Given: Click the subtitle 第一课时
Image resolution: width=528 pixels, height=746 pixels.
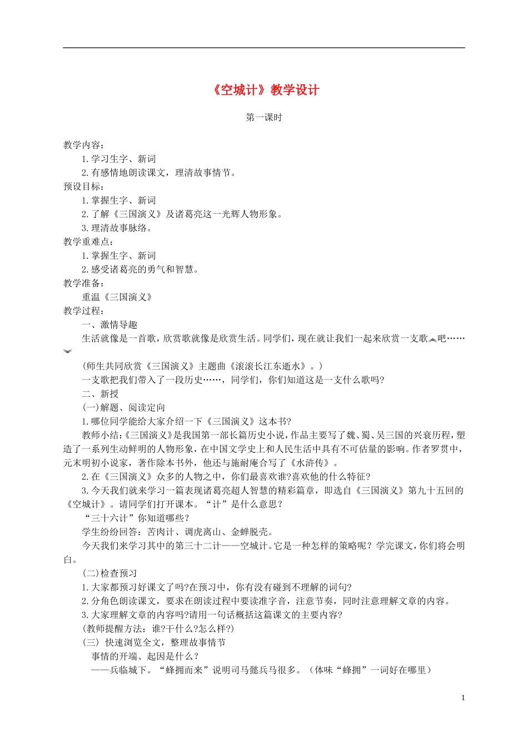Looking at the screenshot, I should pyautogui.click(x=264, y=118).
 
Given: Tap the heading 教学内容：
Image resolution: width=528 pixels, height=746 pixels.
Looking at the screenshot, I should pyautogui.click(x=83, y=145).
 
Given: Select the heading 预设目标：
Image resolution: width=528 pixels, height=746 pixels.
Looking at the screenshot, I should pyautogui.click(x=83, y=186).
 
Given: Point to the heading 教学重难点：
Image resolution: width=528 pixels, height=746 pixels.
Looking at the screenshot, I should pyautogui.click(x=87, y=241).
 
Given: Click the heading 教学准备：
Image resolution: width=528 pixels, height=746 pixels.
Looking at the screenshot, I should pyautogui.click(x=83, y=283).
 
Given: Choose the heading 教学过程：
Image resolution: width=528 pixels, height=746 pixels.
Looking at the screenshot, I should pyautogui.click(x=83, y=311).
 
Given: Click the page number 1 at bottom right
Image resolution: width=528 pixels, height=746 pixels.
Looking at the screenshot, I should pyautogui.click(x=463, y=698).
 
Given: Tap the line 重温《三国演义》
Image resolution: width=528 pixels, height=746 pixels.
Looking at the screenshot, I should pyautogui.click(x=117, y=297).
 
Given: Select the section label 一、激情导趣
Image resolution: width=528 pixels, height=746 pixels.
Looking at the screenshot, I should pyautogui.click(x=109, y=325).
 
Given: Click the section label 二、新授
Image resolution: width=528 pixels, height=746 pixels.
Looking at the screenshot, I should pyautogui.click(x=100, y=394).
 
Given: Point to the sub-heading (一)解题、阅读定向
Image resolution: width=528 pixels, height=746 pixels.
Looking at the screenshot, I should pyautogui.click(x=123, y=407).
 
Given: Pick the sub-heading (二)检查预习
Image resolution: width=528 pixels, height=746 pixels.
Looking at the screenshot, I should pyautogui.click(x=109, y=573).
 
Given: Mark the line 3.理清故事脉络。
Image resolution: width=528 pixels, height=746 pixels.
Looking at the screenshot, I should pyautogui.click(x=117, y=228).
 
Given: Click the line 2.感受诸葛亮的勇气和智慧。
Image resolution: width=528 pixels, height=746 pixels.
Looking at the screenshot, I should pyautogui.click(x=140, y=269).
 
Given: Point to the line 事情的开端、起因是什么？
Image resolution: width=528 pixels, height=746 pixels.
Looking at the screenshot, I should pyautogui.click(x=146, y=656).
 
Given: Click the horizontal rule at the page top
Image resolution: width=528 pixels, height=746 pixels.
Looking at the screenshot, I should pyautogui.click(x=264, y=48).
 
